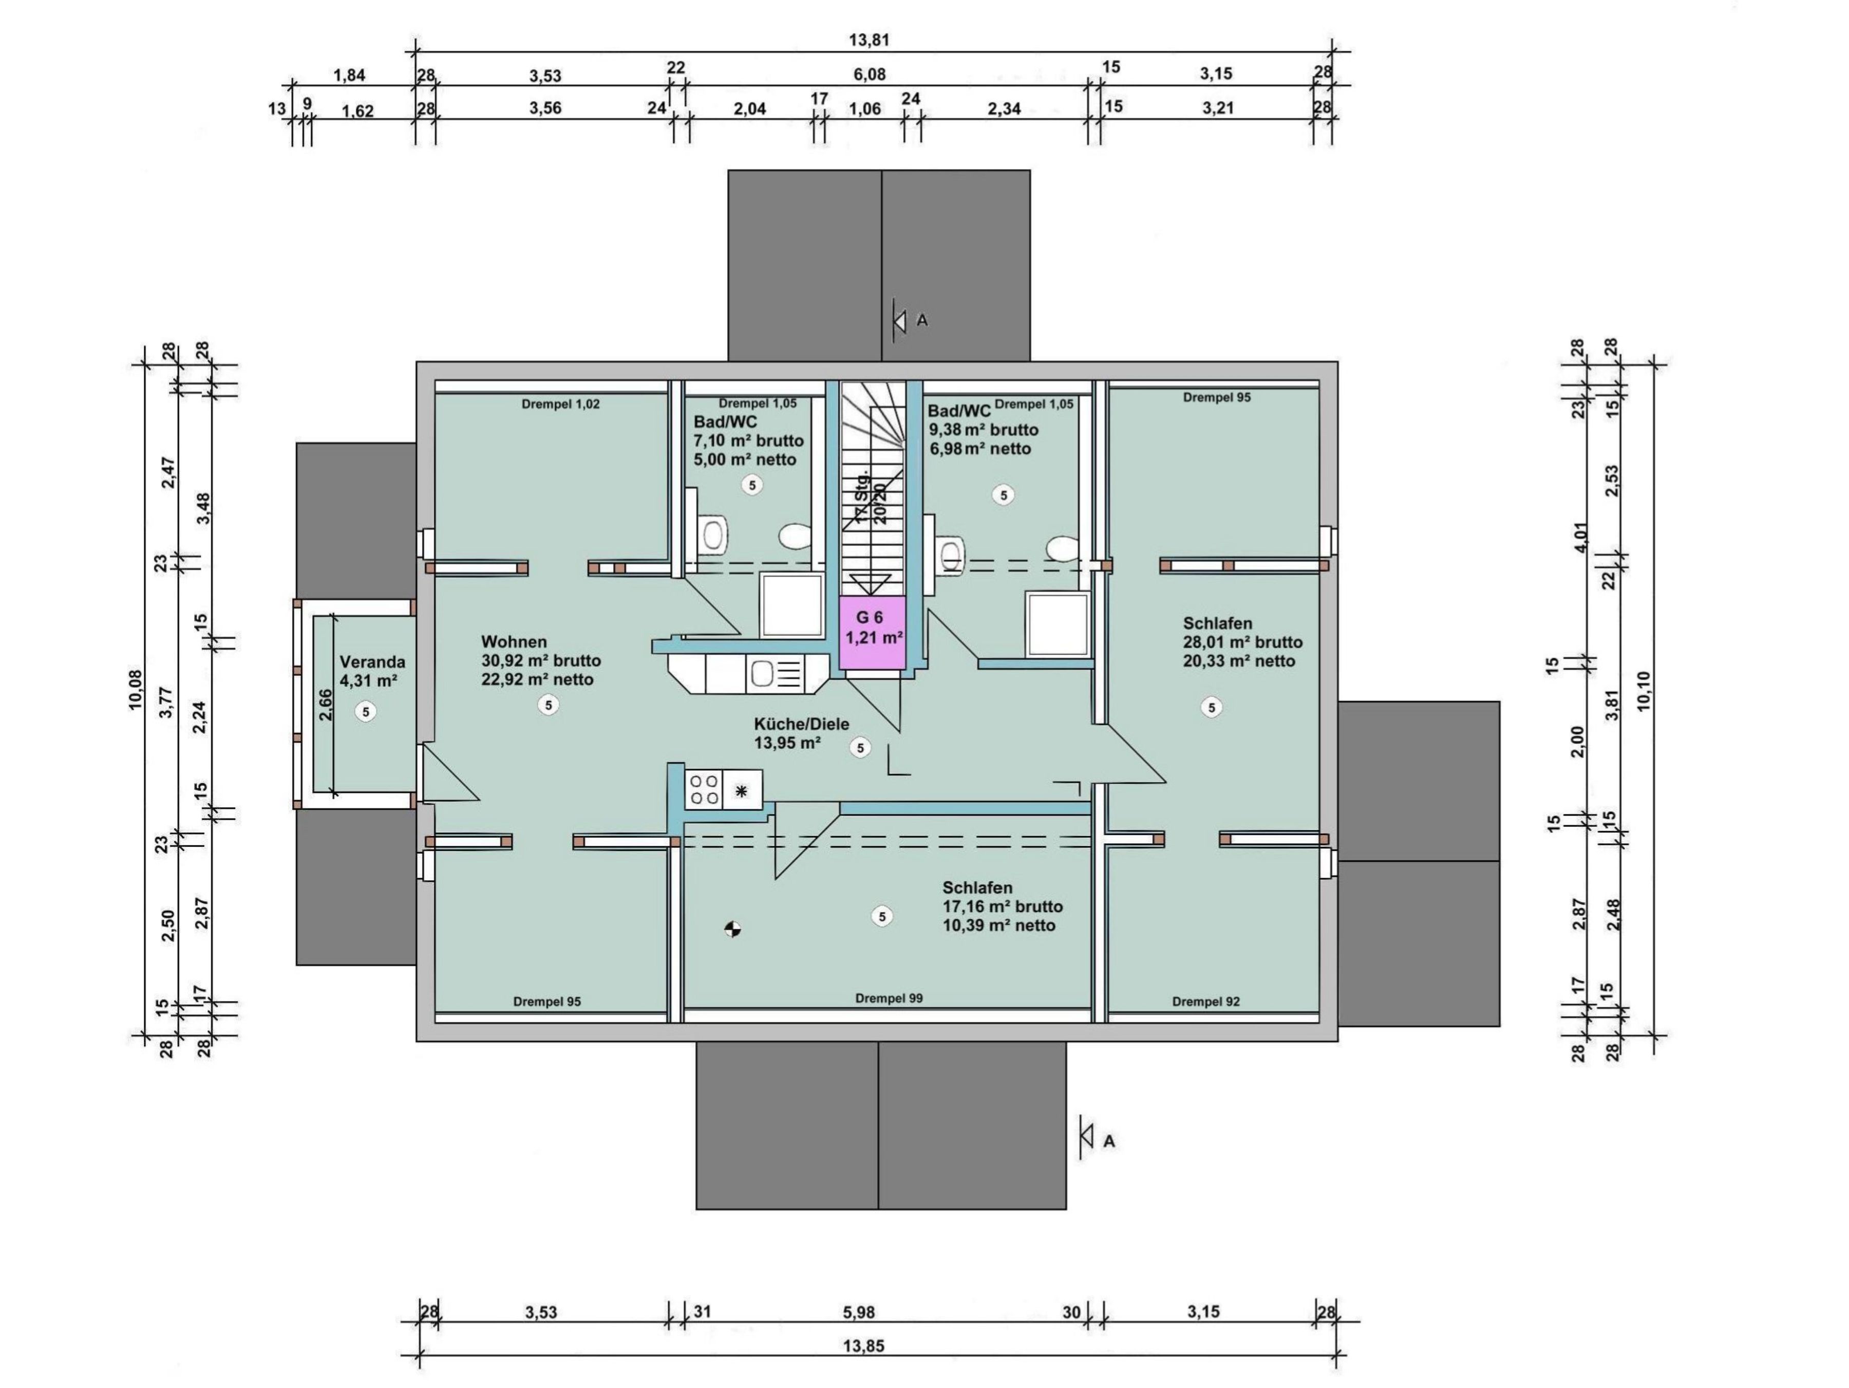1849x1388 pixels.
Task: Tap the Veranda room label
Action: click(372, 661)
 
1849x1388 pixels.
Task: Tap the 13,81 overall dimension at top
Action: click(870, 39)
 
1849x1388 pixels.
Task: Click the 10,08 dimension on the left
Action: click(136, 691)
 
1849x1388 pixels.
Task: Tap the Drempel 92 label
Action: click(1205, 1001)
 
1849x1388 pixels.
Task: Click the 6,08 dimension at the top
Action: click(870, 75)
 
